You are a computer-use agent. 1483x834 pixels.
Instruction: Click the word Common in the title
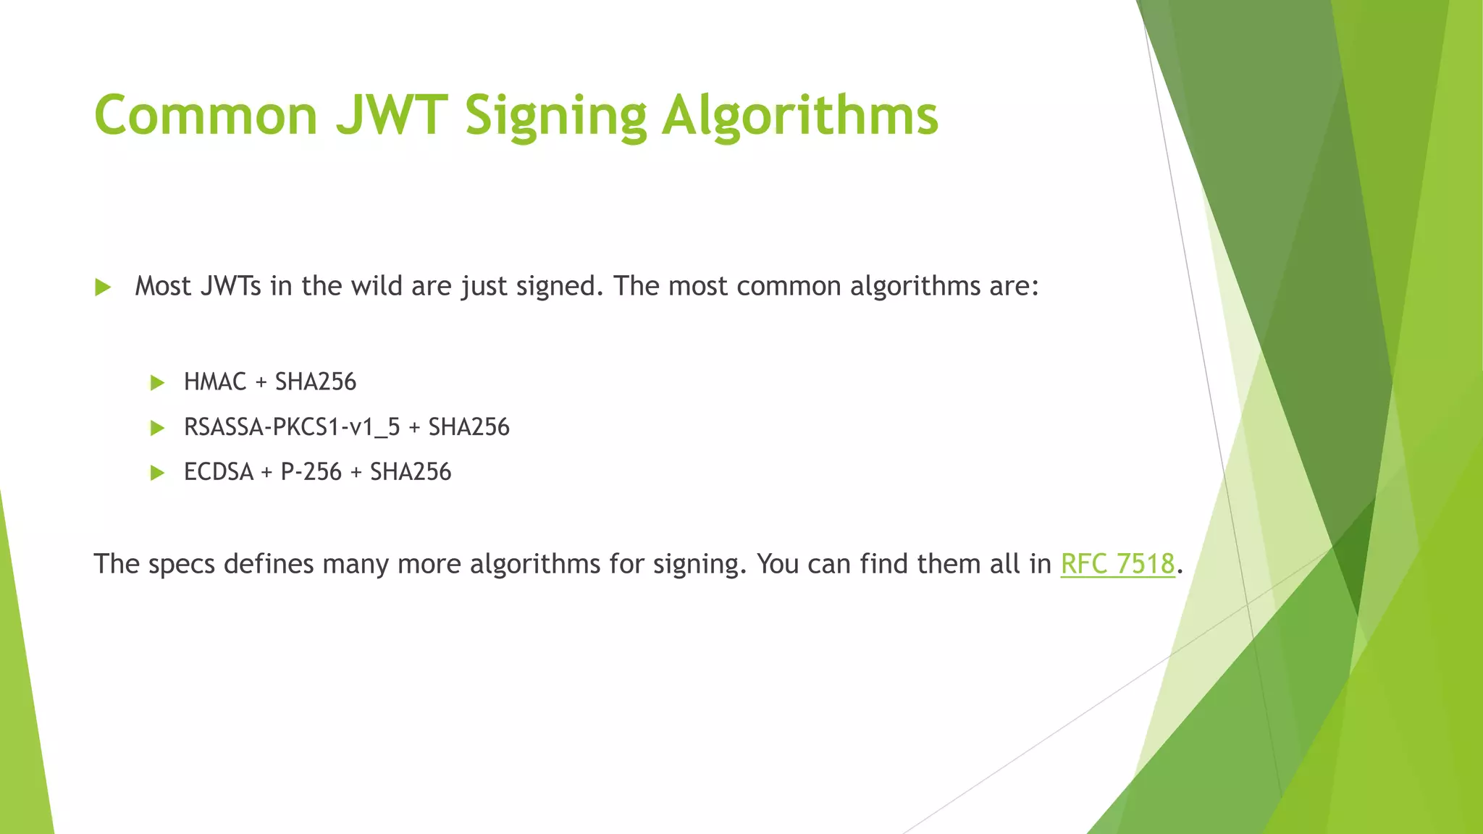coord(206,115)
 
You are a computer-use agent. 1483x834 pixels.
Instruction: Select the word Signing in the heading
coord(555,115)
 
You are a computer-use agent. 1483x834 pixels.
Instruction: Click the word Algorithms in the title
coord(800,115)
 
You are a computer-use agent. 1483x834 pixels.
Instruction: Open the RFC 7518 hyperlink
coord(1117,564)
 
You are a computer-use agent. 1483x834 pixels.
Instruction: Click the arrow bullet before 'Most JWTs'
coord(103,287)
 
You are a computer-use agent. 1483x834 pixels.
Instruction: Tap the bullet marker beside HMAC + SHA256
coord(157,383)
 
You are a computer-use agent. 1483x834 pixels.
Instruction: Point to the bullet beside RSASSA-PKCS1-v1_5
coord(157,428)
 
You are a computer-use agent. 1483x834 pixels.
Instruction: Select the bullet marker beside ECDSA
coord(157,473)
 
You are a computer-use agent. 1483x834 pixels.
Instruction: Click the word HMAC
coord(215,382)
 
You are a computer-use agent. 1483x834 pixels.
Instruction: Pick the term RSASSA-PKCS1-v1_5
coord(292,427)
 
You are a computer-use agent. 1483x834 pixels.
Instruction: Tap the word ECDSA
coord(219,472)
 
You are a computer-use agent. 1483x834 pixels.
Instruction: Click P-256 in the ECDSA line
coord(311,472)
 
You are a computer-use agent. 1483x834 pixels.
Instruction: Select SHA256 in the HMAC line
coord(316,382)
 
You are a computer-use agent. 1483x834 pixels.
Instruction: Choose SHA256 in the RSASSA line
coord(469,427)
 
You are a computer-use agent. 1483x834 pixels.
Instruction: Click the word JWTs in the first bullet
coord(230,286)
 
